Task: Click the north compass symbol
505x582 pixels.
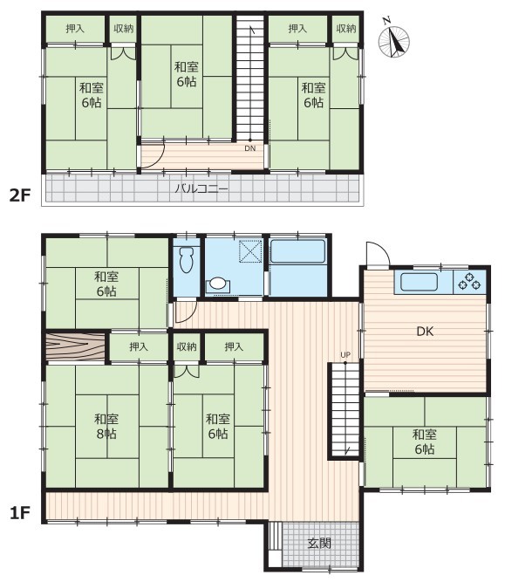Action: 393,40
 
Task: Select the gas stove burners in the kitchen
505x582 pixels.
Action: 469,281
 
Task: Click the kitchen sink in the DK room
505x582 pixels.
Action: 419,282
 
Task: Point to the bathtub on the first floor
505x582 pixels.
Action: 298,251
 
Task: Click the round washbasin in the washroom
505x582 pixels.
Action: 217,284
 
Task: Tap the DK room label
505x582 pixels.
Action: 425,331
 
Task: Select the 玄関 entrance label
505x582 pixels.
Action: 319,544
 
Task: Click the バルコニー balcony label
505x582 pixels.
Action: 201,188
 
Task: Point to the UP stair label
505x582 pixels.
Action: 345,355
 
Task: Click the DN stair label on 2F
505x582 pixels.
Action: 250,148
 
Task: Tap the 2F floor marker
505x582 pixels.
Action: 19,195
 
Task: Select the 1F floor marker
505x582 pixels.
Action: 19,513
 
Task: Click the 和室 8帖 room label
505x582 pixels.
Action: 106,426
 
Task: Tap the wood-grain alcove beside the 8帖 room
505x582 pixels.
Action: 75,346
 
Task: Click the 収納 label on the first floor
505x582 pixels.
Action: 187,346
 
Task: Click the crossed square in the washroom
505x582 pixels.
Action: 250,251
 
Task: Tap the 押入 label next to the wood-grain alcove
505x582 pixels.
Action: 139,346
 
